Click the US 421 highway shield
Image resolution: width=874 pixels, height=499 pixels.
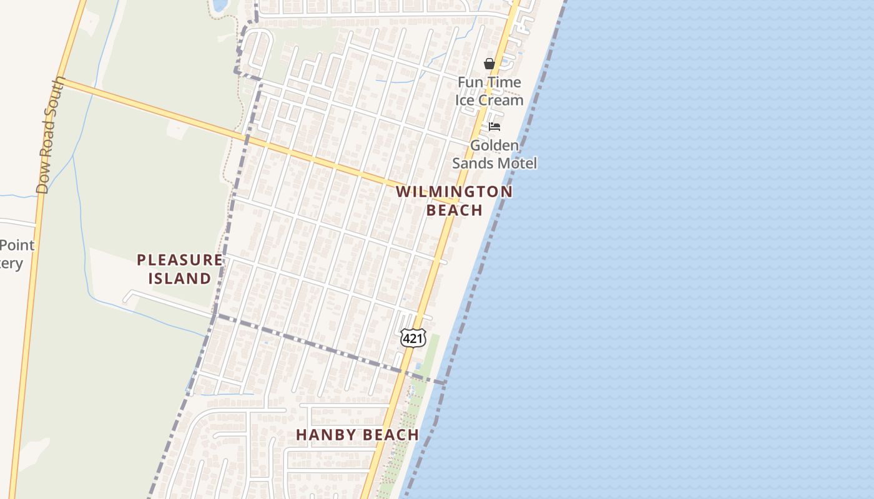coord(413,337)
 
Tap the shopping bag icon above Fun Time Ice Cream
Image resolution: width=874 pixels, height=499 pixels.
coord(489,64)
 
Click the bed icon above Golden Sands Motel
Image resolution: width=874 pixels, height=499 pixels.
coord(494,127)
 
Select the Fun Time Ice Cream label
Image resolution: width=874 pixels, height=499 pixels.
coord(489,91)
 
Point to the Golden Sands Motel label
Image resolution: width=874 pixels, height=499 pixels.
coord(494,154)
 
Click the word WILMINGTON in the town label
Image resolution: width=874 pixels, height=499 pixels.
coord(454,192)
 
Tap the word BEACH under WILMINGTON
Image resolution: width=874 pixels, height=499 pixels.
coord(454,210)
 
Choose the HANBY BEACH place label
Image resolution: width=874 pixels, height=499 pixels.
coord(357,435)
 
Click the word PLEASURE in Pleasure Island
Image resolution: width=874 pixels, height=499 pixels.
coord(180,260)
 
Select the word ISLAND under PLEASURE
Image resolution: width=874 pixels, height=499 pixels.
coord(180,278)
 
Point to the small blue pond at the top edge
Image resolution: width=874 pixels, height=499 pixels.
coord(220,6)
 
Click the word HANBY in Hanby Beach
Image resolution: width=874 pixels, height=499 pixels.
coord(324,435)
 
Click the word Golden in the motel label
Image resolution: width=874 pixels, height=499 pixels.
coord(494,145)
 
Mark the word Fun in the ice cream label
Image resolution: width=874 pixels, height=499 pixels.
coord(469,82)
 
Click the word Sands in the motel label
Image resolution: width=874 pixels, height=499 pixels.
coord(473,163)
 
